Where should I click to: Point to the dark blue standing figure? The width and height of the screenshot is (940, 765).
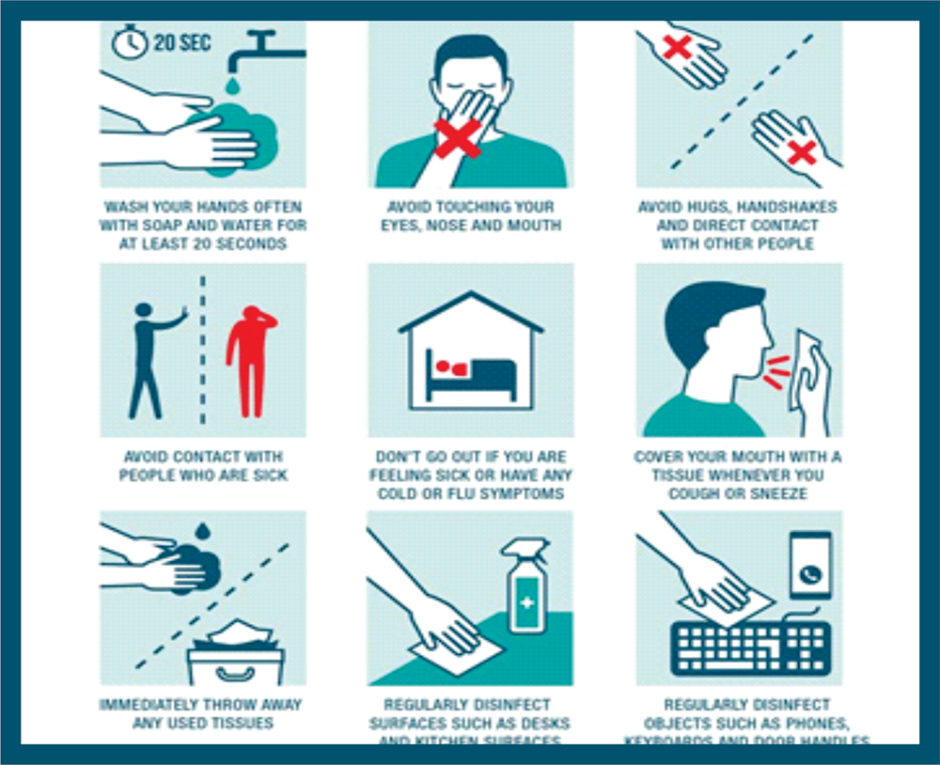pos(150,358)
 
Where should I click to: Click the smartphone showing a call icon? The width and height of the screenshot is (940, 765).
pos(810,564)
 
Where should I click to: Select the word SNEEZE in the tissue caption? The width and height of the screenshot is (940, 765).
pos(782,493)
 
